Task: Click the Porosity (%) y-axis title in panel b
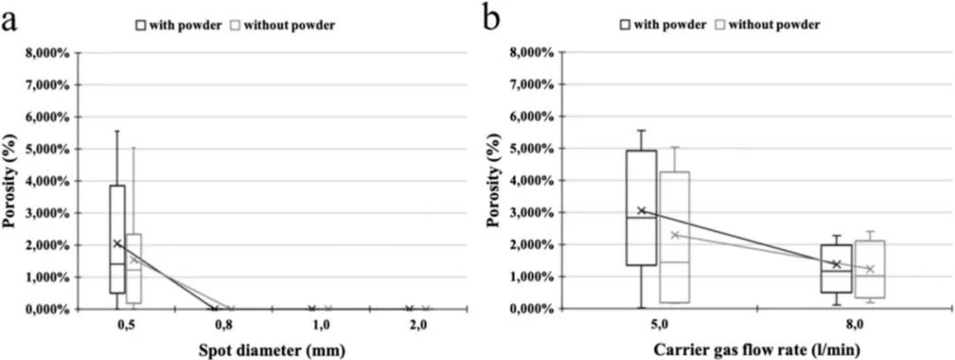coord(500,181)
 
